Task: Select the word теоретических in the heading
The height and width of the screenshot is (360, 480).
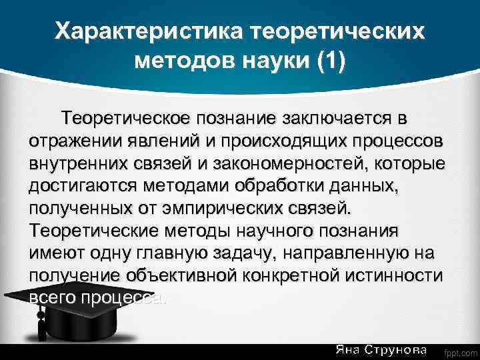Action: (x=337, y=32)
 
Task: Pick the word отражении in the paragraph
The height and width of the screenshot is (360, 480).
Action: (x=75, y=142)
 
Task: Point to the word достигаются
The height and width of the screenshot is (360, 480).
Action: (x=81, y=187)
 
